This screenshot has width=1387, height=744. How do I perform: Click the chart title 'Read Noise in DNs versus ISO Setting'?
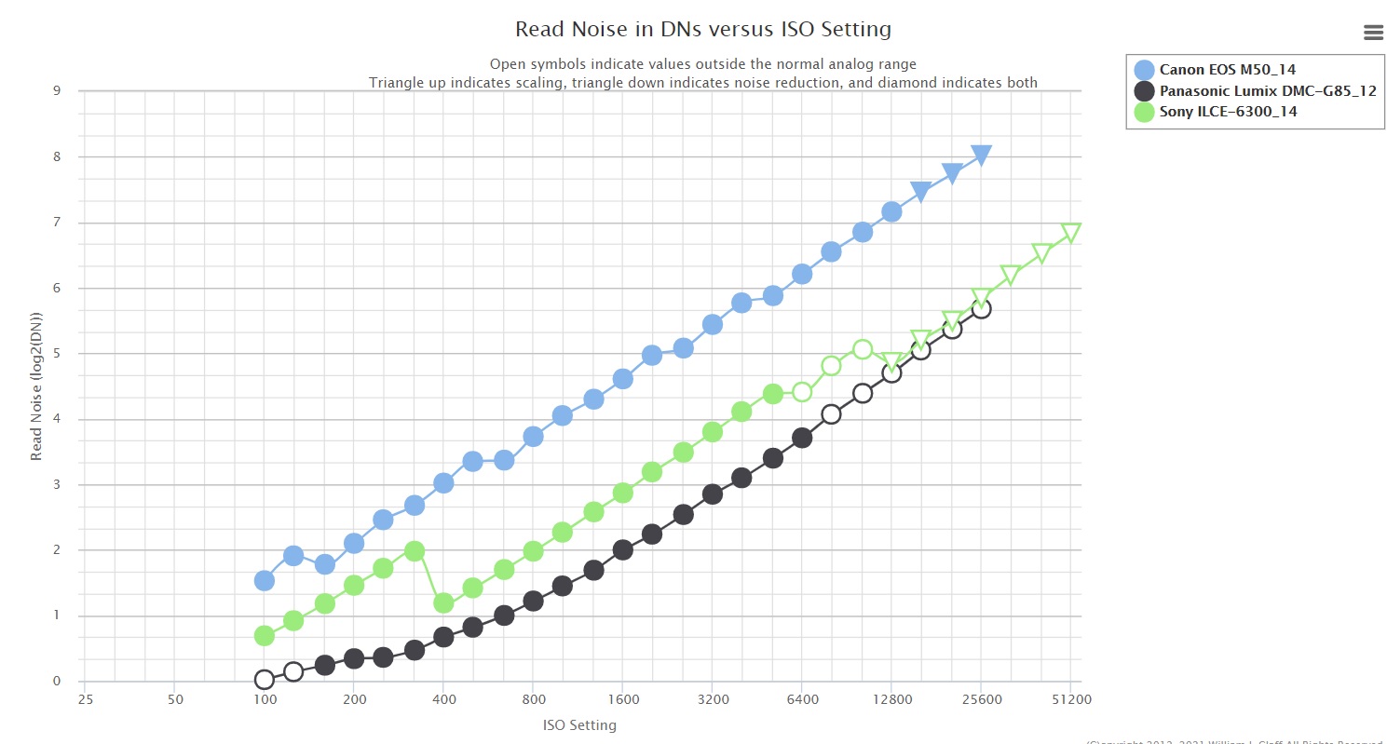pos(702,30)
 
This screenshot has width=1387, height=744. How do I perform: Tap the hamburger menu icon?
pos(1373,33)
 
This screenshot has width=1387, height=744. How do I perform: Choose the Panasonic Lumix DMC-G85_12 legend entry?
pos(1267,90)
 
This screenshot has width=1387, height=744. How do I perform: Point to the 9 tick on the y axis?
pos(57,91)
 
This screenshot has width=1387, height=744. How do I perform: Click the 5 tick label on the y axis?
pos(57,354)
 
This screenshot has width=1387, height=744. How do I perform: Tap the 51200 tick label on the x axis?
pos(1070,699)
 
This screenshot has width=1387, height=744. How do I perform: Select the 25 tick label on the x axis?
pos(86,699)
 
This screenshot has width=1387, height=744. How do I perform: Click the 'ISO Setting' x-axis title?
pos(578,725)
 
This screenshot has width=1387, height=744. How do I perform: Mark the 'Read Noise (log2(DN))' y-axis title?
pos(37,386)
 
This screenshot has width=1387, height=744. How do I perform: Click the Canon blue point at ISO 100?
pos(264,580)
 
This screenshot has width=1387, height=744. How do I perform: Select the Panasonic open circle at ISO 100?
pos(264,680)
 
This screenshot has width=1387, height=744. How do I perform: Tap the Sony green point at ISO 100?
pos(264,636)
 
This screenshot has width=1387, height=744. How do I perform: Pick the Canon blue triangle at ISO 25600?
pos(981,155)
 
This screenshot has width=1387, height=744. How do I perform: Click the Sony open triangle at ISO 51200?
pos(1070,233)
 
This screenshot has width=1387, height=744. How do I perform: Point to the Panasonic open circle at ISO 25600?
pos(981,308)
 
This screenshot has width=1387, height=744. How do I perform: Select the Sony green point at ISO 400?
pos(443,603)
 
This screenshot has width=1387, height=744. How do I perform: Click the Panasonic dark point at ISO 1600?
pos(623,549)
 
